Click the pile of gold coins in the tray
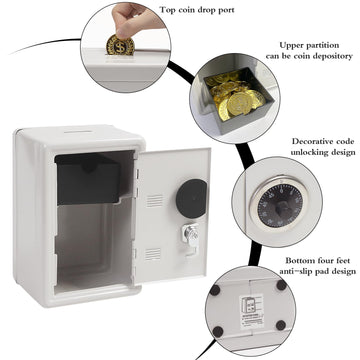(235, 101)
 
